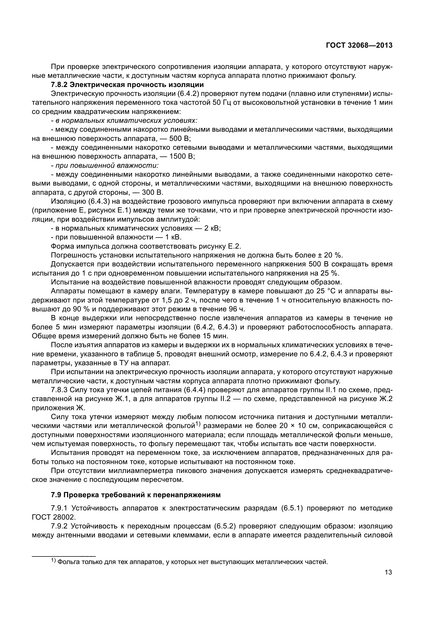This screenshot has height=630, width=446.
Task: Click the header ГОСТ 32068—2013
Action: pos(359,46)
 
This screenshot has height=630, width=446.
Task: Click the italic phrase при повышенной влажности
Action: pos(107,165)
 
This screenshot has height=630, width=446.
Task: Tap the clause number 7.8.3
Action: pos(59,390)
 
